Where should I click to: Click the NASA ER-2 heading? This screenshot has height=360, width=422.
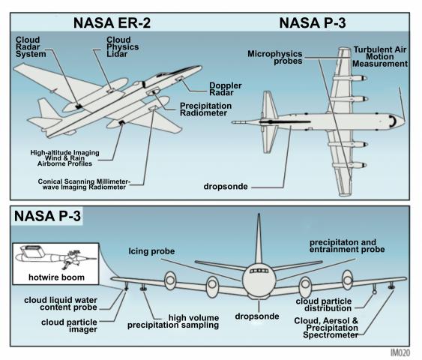112,22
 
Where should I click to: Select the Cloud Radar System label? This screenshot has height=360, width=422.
31,46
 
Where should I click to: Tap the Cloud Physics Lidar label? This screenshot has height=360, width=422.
122,46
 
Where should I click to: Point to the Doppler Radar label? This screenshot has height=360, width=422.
226,89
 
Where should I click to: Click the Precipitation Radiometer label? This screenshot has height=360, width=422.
205,109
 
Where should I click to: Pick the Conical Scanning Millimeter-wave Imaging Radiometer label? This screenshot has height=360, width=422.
84,184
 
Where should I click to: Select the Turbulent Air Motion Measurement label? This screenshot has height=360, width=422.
380,57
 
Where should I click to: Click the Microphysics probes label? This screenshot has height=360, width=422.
275,57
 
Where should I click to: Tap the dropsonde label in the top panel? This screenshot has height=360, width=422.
226,186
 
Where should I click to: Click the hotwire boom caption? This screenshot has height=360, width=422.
56,277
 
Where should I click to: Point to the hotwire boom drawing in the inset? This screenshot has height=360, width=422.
55,256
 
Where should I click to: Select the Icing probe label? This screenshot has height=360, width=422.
151,251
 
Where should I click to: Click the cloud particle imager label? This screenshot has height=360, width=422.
69,325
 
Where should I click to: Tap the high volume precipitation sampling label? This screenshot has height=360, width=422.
173,322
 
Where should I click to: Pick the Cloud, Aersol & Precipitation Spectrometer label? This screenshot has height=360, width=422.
326,328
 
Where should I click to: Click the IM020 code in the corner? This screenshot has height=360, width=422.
400,352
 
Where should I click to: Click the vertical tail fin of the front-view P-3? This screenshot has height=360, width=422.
259,238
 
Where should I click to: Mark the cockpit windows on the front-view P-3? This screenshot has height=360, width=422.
259,271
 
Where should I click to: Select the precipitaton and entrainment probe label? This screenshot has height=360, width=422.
347,246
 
